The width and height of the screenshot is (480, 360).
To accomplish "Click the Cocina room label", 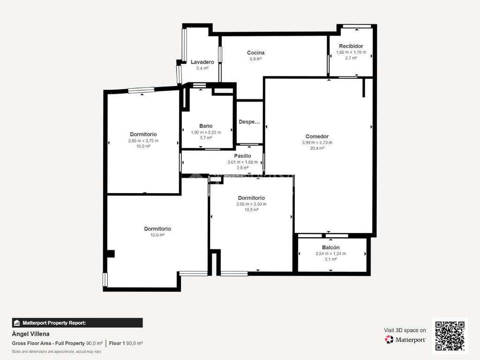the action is [x=255, y=52].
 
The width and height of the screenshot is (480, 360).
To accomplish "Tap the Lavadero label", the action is [x=202, y=62].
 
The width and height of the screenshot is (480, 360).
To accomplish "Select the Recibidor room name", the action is [x=351, y=46].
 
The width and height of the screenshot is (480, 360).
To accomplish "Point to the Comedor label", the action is [x=317, y=136].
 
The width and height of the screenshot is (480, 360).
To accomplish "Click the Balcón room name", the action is [x=330, y=247].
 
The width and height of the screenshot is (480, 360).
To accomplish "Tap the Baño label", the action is [x=206, y=126].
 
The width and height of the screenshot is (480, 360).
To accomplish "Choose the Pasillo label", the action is [x=242, y=156].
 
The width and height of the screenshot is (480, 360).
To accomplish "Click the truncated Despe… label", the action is [x=249, y=122].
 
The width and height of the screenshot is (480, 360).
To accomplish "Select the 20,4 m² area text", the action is [x=317, y=149].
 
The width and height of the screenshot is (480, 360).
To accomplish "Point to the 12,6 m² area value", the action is [x=157, y=235].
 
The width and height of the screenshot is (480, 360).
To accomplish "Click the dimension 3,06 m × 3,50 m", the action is [x=251, y=204].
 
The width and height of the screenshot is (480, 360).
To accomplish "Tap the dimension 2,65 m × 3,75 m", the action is [x=143, y=141].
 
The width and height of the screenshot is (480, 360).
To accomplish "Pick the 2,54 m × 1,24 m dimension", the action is [x=330, y=254].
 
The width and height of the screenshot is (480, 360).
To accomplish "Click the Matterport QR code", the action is [x=450, y=336].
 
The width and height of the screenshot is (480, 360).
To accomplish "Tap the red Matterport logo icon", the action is [x=389, y=339].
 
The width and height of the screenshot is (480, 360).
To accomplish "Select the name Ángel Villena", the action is [x=30, y=334].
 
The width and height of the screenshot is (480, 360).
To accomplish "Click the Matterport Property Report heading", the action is [x=54, y=323].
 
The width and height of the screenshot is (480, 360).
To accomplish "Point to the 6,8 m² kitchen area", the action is [x=255, y=59].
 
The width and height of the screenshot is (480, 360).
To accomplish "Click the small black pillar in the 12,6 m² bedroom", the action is [x=111, y=254].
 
